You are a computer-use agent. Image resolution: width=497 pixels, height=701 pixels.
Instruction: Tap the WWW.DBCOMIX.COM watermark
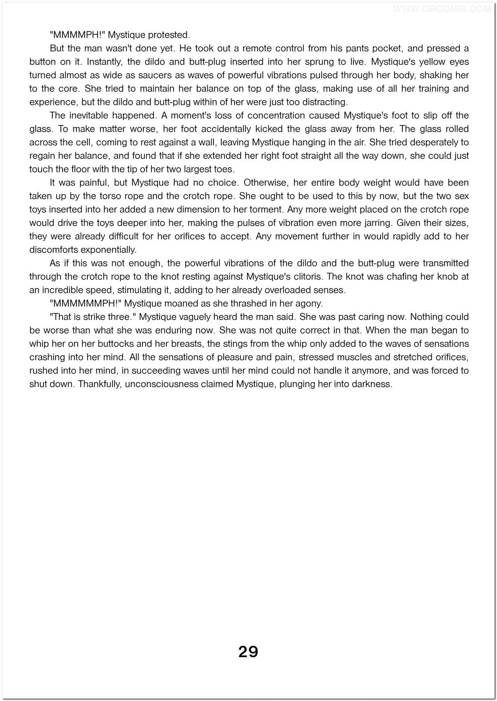pyautogui.click(x=442, y=9)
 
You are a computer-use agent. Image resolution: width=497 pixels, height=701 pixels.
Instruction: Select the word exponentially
pyautogui.click(x=83, y=250)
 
